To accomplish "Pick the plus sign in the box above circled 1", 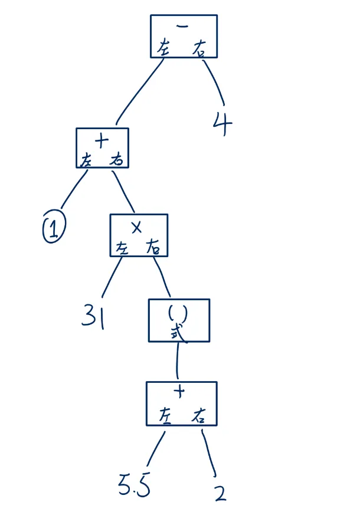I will point(102,140).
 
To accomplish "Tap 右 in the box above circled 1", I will point(117,159).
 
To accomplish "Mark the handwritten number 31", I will point(93,316).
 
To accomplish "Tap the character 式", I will point(178,333).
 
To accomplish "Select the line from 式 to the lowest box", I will point(177,360).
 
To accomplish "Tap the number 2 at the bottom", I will point(219,493).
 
